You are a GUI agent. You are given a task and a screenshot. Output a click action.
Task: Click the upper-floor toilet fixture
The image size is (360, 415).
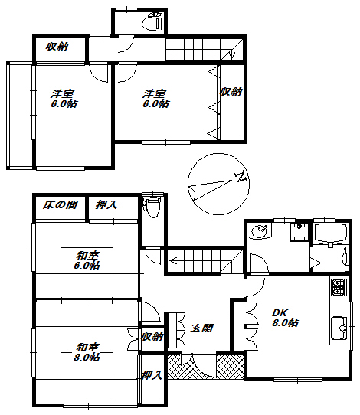(x=152, y=21)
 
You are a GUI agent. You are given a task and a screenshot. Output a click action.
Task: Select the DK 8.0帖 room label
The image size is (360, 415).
(x=286, y=318)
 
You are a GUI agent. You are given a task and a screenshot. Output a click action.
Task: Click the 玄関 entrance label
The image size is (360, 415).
(x=201, y=328)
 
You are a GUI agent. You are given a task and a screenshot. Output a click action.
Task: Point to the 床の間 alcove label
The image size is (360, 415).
(x=61, y=205)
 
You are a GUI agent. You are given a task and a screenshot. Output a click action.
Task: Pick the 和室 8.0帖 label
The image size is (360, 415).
(x=87, y=352)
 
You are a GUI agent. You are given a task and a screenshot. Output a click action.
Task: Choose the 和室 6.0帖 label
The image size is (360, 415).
(x=87, y=260)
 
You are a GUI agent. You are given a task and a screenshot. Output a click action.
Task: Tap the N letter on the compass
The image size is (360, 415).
(x=241, y=177)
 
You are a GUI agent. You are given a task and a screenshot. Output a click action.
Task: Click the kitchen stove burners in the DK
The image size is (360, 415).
(x=339, y=287)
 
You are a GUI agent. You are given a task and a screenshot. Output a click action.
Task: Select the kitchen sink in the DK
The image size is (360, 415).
(x=339, y=328)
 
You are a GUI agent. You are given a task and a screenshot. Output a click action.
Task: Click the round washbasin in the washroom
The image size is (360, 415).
(x=260, y=231)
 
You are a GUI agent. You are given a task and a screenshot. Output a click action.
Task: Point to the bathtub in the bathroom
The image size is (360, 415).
(x=330, y=233)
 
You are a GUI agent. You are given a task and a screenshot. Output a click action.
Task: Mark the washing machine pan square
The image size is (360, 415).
(x=299, y=232)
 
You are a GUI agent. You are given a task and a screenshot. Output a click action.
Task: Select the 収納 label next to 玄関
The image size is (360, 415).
(x=152, y=337)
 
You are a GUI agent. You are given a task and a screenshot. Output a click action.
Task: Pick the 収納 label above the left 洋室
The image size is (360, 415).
(x=57, y=47)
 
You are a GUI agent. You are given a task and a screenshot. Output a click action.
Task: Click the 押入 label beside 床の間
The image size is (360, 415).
(x=106, y=205)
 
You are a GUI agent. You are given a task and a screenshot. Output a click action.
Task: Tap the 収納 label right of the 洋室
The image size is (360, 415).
(x=231, y=92)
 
